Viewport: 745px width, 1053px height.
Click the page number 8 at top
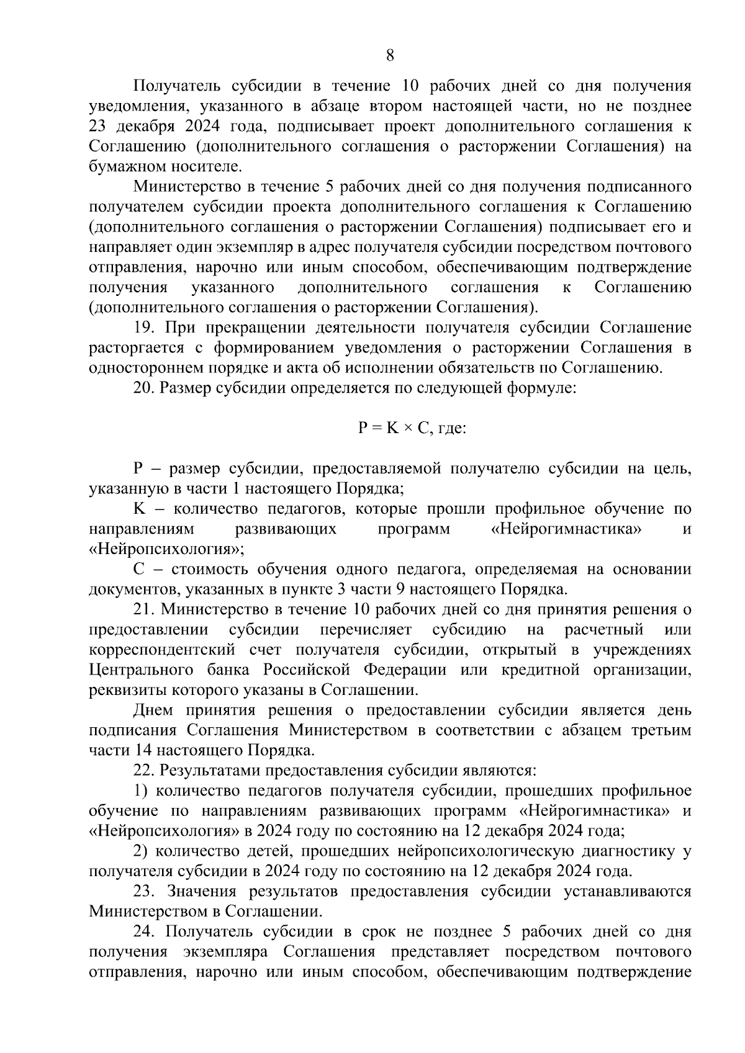click(x=389, y=55)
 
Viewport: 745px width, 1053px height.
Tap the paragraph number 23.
click(x=144, y=892)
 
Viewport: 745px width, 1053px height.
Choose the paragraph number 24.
click(x=144, y=932)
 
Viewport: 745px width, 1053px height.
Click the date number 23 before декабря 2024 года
click(x=98, y=127)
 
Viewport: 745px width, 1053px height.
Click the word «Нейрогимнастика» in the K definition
click(x=562, y=529)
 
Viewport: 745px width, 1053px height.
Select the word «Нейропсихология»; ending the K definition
click(x=166, y=550)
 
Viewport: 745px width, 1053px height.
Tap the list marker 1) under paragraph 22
click(x=140, y=791)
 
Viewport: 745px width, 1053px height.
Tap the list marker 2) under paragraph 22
click(x=140, y=851)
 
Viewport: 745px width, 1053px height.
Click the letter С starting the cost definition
click(x=139, y=570)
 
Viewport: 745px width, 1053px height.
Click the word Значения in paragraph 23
click(x=203, y=892)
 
